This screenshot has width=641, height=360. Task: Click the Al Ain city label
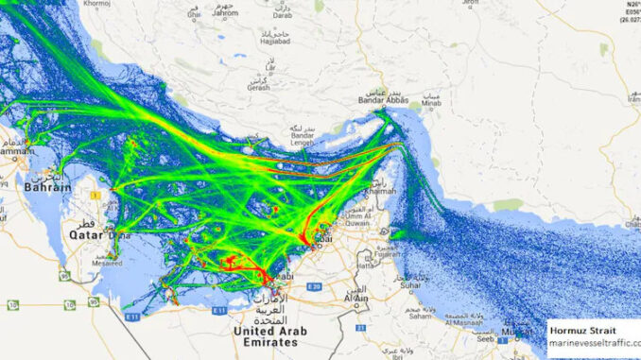(x=356, y=299)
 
